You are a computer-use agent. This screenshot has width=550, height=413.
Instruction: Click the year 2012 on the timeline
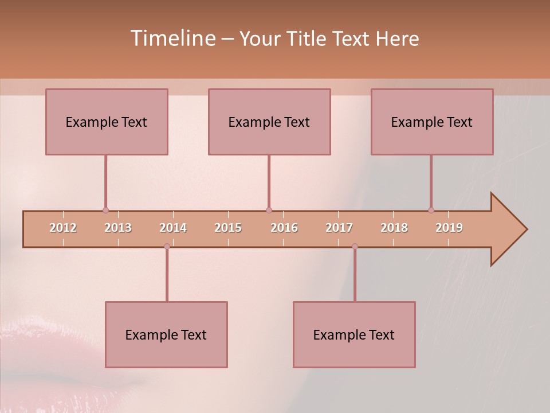[x=63, y=228]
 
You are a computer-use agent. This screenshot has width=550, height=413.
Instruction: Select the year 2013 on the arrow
[x=118, y=228]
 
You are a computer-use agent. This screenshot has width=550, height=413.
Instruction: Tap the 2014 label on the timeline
[x=173, y=228]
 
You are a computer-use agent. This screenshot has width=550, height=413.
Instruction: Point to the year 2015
[x=228, y=228]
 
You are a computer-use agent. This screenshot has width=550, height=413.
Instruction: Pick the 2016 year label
[x=284, y=228]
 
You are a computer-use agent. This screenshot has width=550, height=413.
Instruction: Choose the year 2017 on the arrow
[x=339, y=228]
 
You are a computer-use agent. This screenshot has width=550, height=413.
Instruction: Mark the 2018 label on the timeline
[x=394, y=228]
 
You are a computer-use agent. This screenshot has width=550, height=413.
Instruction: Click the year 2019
[x=449, y=228]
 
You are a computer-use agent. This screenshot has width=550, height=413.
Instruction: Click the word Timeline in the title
[x=172, y=38]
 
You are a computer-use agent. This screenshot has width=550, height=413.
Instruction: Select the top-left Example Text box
[x=107, y=122]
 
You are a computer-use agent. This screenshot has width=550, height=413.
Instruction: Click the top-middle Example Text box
[x=269, y=122]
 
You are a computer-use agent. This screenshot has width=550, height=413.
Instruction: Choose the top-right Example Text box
[x=432, y=122]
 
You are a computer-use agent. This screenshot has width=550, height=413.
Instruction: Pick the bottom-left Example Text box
[x=166, y=334]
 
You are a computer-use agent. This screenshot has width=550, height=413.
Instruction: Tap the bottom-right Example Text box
[x=354, y=334]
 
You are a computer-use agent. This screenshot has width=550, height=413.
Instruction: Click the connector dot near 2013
[x=105, y=211]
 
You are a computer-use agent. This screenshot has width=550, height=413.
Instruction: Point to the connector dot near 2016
[x=269, y=211]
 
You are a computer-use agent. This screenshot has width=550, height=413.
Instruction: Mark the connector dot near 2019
[x=431, y=211]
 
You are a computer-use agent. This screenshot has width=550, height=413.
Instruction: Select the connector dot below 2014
[x=167, y=247]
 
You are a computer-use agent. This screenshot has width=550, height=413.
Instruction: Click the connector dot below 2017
[x=355, y=247]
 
